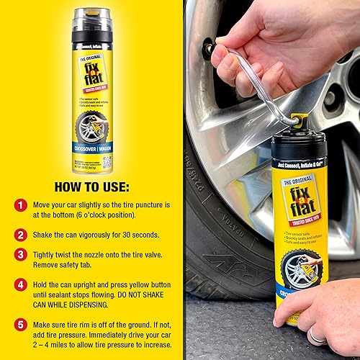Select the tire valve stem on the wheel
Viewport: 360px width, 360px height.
click(x=208, y=50)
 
